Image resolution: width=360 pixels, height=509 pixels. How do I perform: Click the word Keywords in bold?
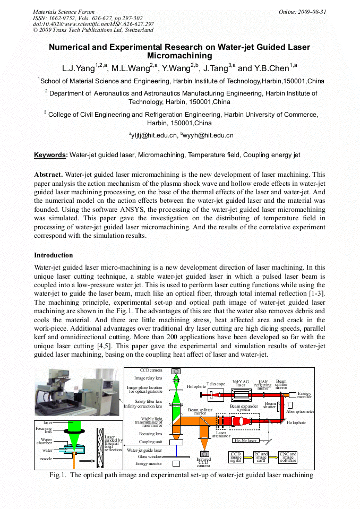(50, 155)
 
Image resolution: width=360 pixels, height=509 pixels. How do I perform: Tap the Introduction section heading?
(53, 255)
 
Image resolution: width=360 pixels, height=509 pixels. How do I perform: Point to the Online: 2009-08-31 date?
(303, 11)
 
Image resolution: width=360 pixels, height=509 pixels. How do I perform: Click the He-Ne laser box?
(246, 441)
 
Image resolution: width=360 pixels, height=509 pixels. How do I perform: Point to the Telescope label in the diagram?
(216, 384)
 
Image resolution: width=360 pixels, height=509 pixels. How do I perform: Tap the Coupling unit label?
(151, 442)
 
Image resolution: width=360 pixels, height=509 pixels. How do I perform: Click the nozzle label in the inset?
(46, 458)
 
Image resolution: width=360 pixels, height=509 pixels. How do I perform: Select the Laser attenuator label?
(220, 435)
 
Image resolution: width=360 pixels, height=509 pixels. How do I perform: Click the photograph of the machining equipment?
(77, 393)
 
